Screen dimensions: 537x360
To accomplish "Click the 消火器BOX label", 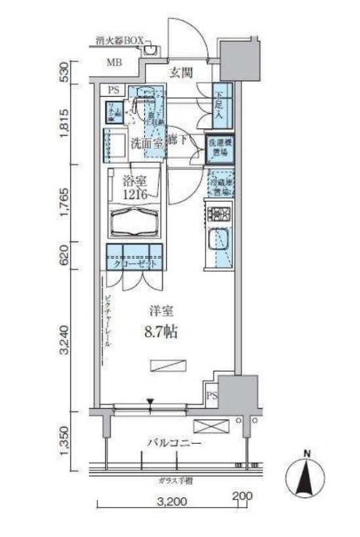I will pyautogui.click(x=118, y=41).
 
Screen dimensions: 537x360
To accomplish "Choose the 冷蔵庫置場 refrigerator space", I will pyautogui.click(x=219, y=184).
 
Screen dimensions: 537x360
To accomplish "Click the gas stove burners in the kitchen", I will pyautogui.click(x=219, y=213).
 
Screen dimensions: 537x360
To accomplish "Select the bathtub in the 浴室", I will pyautogui.click(x=135, y=222).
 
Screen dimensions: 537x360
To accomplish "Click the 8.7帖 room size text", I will pyautogui.click(x=161, y=330).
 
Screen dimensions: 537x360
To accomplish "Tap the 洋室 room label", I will pyautogui.click(x=161, y=311).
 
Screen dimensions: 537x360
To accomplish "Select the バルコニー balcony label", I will pyautogui.click(x=171, y=443).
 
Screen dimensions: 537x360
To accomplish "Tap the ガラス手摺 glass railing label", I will pyautogui.click(x=173, y=480).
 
